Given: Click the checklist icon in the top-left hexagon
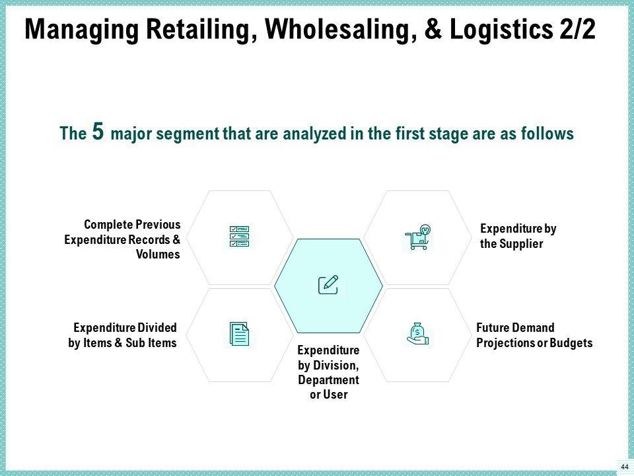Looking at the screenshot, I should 239,237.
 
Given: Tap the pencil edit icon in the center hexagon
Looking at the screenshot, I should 328,284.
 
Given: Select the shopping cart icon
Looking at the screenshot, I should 417,237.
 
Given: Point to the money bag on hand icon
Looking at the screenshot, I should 418,333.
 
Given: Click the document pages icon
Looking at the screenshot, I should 239,334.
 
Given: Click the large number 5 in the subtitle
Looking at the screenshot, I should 97,132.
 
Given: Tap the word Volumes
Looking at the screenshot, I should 158,255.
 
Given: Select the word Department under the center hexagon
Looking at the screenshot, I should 328,380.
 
